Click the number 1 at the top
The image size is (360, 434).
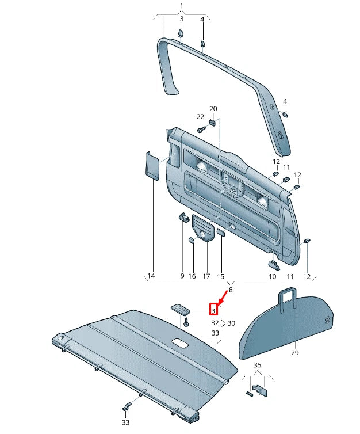tap(182, 6)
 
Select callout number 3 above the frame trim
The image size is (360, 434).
tap(182, 19)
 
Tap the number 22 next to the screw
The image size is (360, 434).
tap(200, 117)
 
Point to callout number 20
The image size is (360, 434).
tap(213, 109)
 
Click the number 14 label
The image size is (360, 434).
tap(151, 277)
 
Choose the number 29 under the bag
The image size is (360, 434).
tap(295, 352)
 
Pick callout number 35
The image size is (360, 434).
tap(257, 365)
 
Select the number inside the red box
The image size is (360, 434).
tap(213, 311)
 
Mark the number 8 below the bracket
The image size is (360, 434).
tap(231, 290)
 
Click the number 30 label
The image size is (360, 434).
tap(231, 323)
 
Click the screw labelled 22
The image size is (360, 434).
tap(200, 130)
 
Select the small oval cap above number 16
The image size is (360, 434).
tap(192, 240)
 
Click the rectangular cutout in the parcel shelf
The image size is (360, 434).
tap(180, 344)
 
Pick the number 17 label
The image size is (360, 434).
tap(205, 277)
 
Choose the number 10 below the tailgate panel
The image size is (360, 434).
tap(273, 277)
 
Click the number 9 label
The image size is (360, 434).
tap(182, 277)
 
